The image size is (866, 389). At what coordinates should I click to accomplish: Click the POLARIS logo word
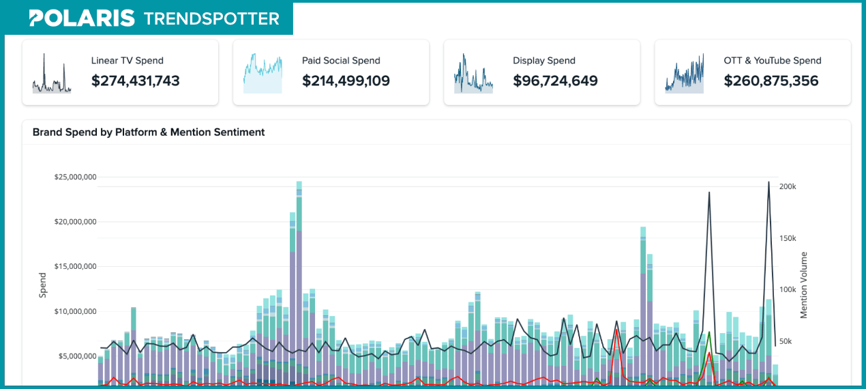click(x=82, y=18)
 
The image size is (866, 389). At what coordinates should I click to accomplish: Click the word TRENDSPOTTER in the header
click(x=211, y=18)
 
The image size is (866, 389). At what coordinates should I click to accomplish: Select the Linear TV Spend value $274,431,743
click(x=135, y=81)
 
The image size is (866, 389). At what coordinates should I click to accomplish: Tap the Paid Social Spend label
click(x=341, y=61)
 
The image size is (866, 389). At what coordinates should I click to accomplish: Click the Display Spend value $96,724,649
click(x=555, y=81)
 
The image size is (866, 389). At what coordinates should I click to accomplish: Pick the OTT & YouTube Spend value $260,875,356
click(x=771, y=81)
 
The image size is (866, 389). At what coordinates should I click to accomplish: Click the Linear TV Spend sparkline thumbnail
click(x=52, y=73)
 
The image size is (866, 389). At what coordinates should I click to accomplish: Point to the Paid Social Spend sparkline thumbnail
click(x=263, y=73)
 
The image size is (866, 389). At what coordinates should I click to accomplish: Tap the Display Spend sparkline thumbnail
click(x=473, y=73)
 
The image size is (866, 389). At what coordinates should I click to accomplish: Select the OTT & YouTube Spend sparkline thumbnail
click(x=684, y=73)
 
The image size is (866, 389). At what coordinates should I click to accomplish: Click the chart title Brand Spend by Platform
click(x=149, y=132)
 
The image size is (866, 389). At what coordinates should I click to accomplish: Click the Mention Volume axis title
click(x=803, y=285)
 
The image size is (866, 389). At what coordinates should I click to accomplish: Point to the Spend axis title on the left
click(x=43, y=285)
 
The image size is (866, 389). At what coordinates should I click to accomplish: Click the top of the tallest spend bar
click(x=299, y=182)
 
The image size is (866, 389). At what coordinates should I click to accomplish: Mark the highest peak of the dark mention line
click(x=768, y=182)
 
